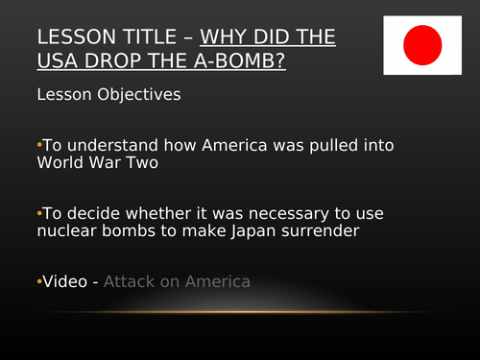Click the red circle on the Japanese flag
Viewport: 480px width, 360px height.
tap(422, 43)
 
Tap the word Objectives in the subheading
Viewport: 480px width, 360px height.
tap(134, 95)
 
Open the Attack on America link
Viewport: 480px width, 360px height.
tap(177, 282)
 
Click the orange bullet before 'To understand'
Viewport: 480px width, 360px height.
tap(39, 144)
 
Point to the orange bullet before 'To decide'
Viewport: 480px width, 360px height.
tap(39, 214)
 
